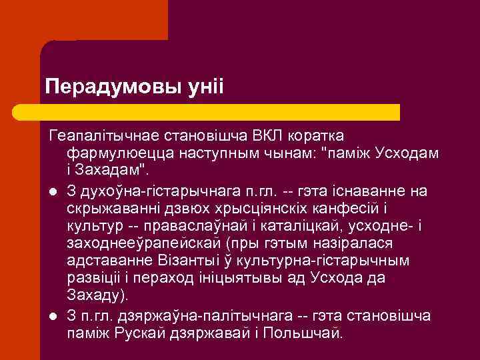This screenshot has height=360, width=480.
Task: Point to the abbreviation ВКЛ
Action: [269, 137]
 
